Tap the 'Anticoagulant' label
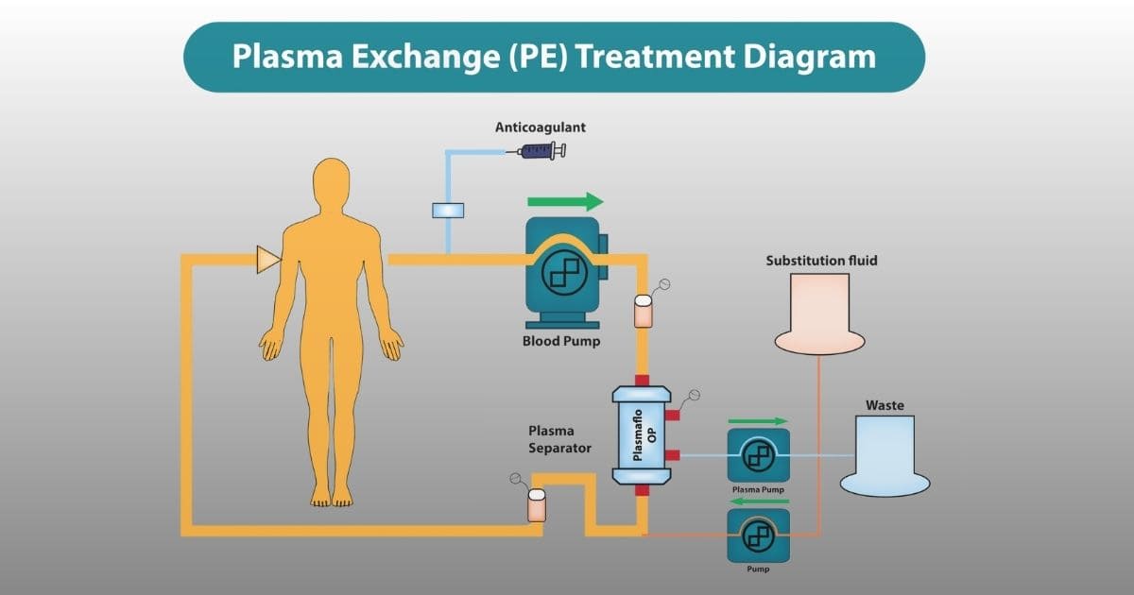[541, 127]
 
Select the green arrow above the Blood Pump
[565, 201]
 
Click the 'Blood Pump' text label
[561, 341]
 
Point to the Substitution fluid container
[819, 314]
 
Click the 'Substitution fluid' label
[821, 261]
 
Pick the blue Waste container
[885, 455]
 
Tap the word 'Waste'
[885, 405]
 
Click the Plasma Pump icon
[758, 455]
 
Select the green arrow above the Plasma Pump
[758, 421]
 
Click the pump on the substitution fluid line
[758, 535]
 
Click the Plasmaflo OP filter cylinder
[642, 435]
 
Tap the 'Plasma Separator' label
[559, 439]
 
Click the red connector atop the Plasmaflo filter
[642, 381]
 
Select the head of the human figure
[331, 181]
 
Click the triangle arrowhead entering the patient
[268, 260]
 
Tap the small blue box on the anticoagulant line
[448, 211]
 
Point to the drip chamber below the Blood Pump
[643, 311]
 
